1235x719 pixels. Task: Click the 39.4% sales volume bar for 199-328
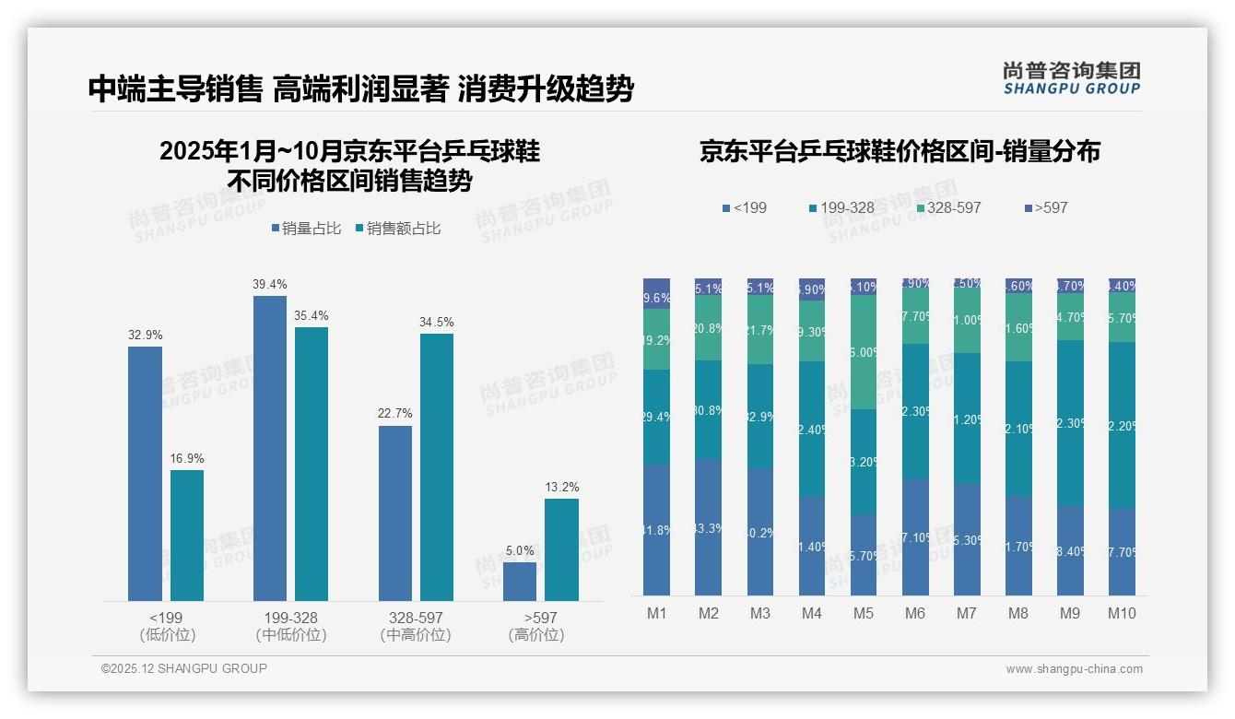point(270,448)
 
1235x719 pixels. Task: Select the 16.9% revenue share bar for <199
point(187,536)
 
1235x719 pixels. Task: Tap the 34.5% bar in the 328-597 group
point(437,467)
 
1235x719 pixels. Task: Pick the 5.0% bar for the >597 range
point(520,582)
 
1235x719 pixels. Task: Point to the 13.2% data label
point(561,488)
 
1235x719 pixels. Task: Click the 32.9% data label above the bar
point(145,335)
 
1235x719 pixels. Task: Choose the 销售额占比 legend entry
point(397,229)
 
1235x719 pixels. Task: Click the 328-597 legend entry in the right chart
point(947,208)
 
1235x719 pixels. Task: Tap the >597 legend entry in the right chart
point(1045,208)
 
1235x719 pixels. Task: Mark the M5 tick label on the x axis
point(863,613)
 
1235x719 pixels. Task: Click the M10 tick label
point(1122,613)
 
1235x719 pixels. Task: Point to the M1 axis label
point(657,613)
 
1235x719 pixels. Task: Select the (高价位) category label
point(535,635)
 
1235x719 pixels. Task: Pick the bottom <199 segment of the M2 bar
point(709,527)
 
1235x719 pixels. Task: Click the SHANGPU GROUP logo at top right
point(1071,78)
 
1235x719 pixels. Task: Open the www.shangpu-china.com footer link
point(1074,669)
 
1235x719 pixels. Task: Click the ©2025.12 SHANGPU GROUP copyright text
point(184,668)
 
